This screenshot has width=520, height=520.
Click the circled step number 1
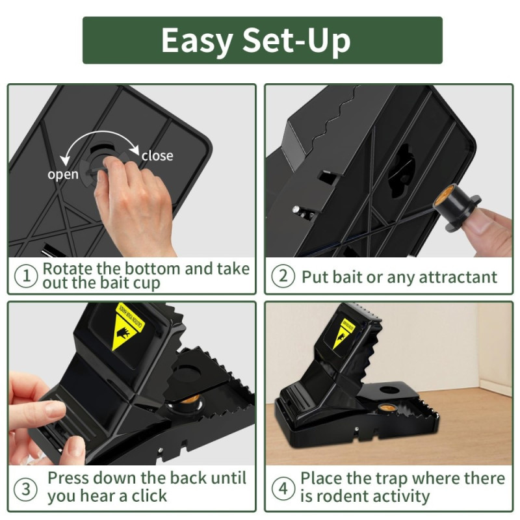(27, 276)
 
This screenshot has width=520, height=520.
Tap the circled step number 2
(283, 276)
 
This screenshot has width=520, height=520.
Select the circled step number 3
(27, 487)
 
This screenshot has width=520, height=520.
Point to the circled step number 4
(283, 487)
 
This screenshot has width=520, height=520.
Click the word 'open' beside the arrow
(62, 174)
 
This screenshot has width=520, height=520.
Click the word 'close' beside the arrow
(157, 155)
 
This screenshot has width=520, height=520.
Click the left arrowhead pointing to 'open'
(64, 158)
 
